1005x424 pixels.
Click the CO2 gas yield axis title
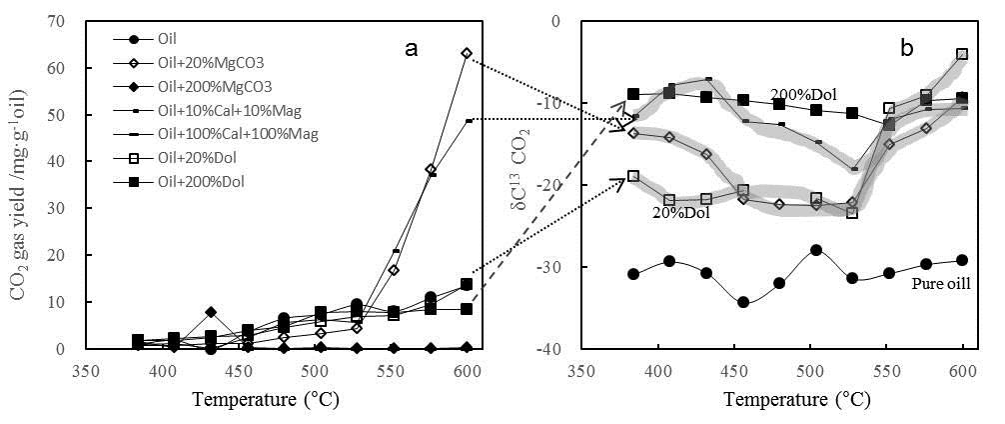tap(19, 185)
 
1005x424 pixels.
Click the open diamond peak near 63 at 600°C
tap(466, 53)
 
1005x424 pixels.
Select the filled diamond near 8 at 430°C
tap(211, 312)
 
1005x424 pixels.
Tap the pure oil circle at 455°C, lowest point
tap(743, 302)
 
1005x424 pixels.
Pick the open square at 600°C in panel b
tap(962, 54)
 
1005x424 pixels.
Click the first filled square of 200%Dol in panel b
tap(633, 94)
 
